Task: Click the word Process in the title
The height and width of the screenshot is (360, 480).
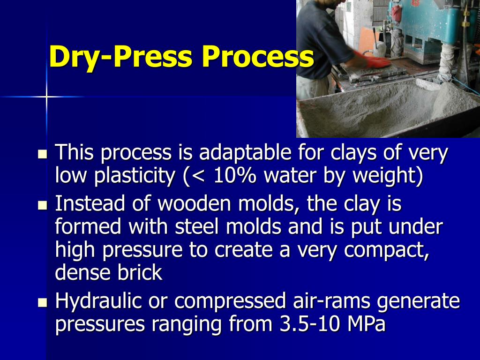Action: coord(258,57)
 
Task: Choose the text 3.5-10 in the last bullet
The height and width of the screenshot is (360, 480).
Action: coord(309,324)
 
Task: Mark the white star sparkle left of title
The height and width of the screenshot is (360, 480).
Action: coord(46,97)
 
